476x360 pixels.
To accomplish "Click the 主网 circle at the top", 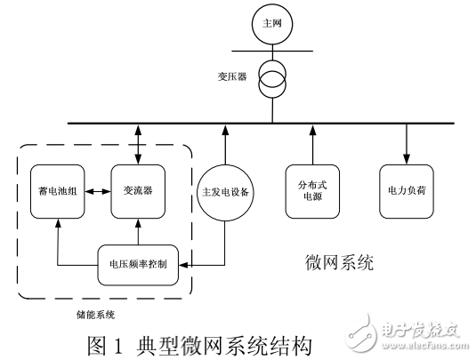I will [270, 23].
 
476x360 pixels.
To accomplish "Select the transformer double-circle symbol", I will [270, 80].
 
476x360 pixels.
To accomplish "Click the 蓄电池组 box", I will [55, 191].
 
